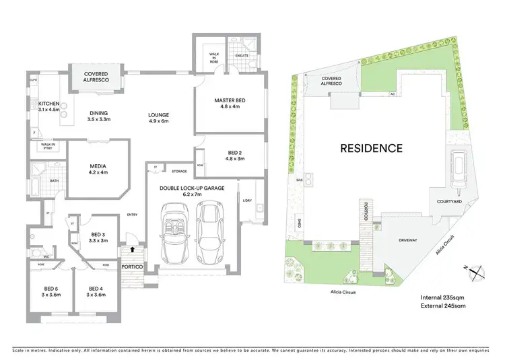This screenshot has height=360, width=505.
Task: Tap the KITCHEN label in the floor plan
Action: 40,104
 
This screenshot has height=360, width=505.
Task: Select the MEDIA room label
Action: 98,168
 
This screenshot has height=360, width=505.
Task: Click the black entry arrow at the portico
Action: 132,249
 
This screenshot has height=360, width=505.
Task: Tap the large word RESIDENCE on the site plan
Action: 371,148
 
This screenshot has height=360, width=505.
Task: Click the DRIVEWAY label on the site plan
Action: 407,239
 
